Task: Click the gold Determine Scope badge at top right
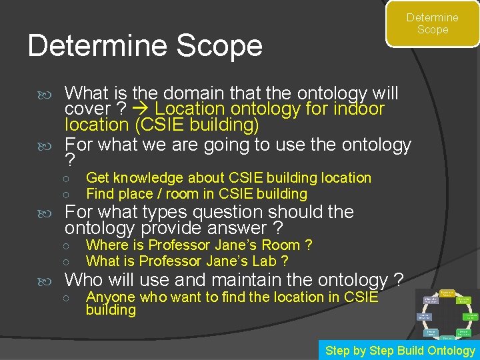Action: point(432,24)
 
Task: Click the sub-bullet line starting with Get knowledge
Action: point(228,178)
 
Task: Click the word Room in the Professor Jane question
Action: point(282,245)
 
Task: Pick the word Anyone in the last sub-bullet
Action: point(110,297)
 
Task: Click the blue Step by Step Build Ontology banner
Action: point(399,351)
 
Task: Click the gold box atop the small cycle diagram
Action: point(447,293)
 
